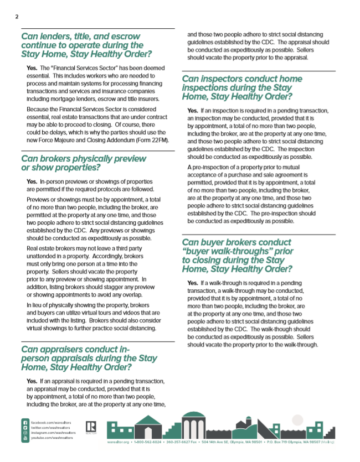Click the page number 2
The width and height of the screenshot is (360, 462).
tap(17, 17)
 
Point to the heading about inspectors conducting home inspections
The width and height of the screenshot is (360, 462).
tap(241, 87)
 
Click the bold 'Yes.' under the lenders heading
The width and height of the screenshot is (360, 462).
tap(32, 68)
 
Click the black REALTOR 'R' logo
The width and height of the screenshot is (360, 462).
tap(91, 427)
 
